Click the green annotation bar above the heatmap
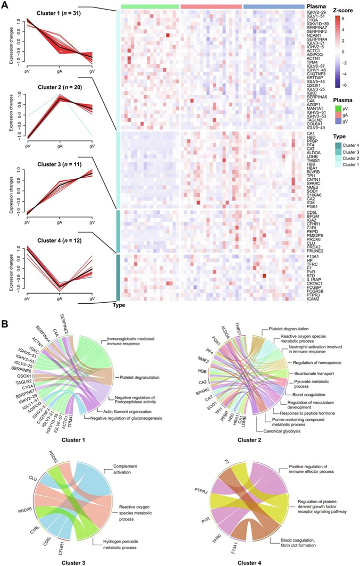(x=150, y=6)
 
